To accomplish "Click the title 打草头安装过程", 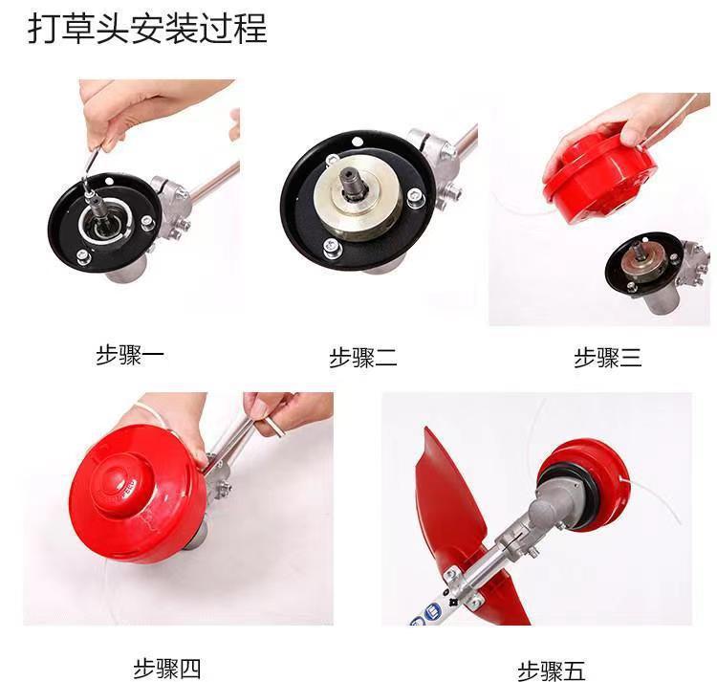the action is (147, 29).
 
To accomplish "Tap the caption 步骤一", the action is (130, 356).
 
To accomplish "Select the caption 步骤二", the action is (363, 358).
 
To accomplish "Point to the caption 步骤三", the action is (608, 358).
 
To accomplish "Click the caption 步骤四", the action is (167, 670).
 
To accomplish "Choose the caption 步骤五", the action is (552, 671).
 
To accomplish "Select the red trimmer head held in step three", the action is (597, 176).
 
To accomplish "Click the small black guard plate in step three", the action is (643, 262).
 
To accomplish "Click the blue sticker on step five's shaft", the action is (432, 610).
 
